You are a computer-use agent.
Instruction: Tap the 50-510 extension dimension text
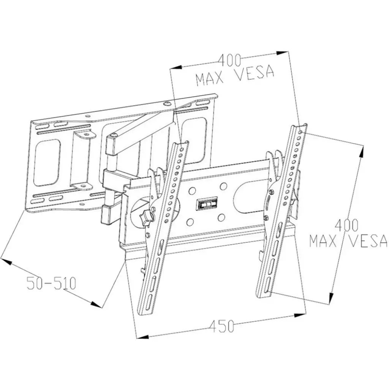[52, 283]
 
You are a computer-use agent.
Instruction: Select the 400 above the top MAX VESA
[229, 60]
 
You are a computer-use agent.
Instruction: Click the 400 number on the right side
[346, 226]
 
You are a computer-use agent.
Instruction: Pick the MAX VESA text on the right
[348, 241]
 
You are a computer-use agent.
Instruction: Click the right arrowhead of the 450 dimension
[300, 313]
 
